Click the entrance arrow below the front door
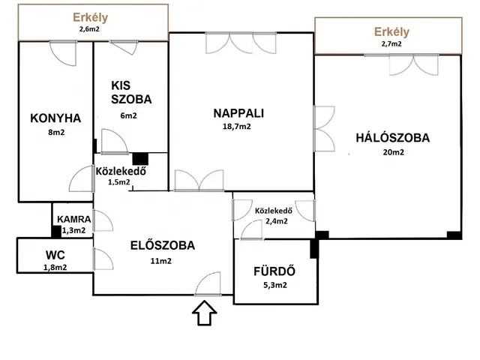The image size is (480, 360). (205, 313)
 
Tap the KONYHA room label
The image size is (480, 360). (55, 118)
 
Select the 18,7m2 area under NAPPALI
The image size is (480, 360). (237, 127)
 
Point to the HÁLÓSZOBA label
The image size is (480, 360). (393, 138)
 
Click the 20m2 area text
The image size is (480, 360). (393, 152)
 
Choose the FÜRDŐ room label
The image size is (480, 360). (274, 271)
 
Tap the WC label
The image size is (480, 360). (55, 255)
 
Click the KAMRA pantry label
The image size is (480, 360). (73, 219)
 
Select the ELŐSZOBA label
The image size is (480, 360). (163, 245)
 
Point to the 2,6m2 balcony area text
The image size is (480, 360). (89, 29)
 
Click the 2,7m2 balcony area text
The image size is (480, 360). (391, 43)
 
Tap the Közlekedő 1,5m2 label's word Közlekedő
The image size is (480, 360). (121, 171)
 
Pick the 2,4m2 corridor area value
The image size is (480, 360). (277, 221)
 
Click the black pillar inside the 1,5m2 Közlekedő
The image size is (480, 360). (140, 159)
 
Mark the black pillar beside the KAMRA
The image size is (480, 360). (56, 232)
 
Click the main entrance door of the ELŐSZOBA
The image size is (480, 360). (208, 284)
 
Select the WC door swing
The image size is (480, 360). (103, 259)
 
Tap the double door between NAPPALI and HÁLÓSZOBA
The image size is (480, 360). (324, 129)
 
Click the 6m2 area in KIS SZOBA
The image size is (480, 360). (128, 115)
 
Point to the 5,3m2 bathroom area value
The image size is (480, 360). (275, 285)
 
